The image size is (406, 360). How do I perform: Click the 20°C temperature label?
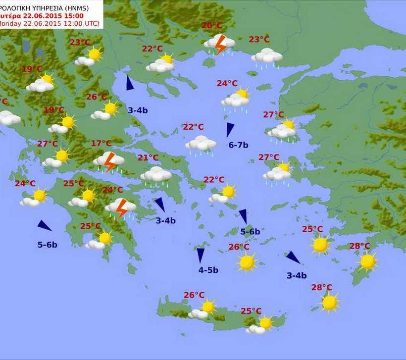[211, 26]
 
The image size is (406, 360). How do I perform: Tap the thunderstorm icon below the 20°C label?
[219, 44]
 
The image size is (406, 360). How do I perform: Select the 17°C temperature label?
[101, 144]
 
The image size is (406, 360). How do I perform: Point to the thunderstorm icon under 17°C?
[109, 161]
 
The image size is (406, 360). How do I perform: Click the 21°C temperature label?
[148, 158]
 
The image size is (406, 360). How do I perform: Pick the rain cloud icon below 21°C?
[156, 175]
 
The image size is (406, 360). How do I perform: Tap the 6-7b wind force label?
[238, 145]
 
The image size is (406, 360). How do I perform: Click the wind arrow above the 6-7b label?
[230, 130]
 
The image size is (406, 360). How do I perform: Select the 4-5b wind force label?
[208, 270]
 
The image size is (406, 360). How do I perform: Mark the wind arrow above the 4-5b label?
[201, 255]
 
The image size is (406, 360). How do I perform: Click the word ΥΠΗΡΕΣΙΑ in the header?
[46, 6]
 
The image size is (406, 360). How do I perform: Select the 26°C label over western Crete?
[194, 295]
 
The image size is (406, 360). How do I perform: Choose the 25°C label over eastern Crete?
[251, 311]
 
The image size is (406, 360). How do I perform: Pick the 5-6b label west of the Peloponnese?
[48, 244]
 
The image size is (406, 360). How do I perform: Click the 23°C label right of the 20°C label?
[259, 40]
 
